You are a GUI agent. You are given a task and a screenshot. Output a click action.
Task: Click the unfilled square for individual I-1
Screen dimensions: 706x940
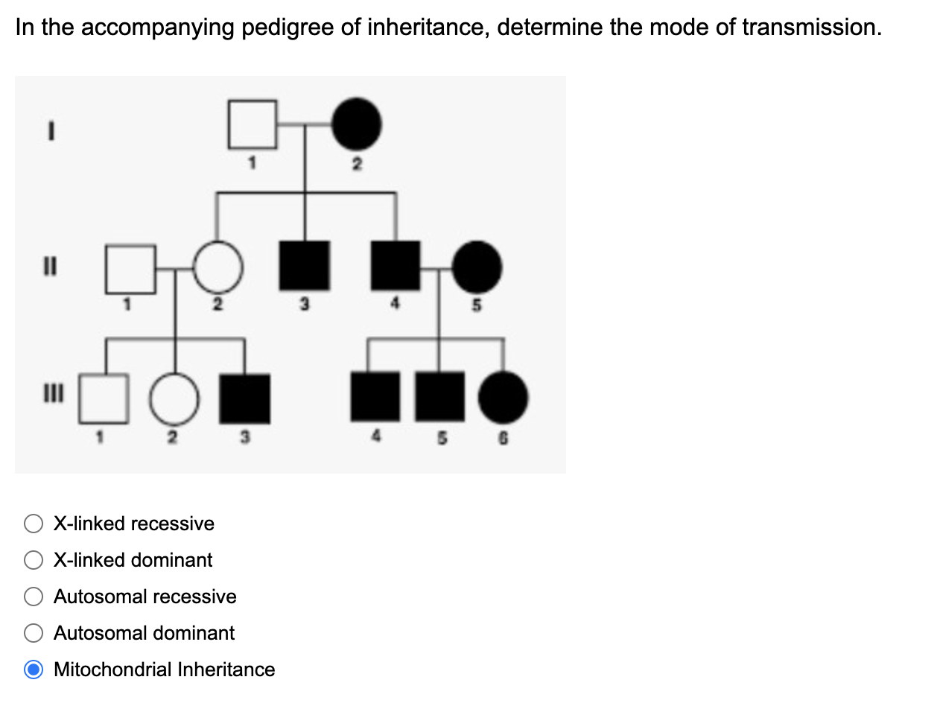[x=253, y=124]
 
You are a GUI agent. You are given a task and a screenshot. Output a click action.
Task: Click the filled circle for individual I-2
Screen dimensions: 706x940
[x=356, y=124]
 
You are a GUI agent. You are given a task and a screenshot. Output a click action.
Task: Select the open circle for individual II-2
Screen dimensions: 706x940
[x=218, y=267]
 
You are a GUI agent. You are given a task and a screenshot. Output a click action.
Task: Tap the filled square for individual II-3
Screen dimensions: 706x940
[x=304, y=266]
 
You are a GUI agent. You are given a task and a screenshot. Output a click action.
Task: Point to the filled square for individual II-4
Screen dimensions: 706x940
[x=396, y=266]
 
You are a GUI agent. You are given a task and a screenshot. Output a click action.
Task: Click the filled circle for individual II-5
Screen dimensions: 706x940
[x=477, y=267]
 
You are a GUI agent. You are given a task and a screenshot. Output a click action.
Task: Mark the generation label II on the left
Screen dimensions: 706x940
[x=50, y=266]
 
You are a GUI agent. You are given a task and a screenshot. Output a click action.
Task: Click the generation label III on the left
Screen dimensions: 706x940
[x=51, y=392]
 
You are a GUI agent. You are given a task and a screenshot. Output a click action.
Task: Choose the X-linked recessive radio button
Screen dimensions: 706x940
[x=34, y=524]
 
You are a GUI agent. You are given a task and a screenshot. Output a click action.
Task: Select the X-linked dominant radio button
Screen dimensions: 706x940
[x=34, y=560]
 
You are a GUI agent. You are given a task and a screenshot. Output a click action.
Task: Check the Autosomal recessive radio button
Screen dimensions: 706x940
[x=34, y=597]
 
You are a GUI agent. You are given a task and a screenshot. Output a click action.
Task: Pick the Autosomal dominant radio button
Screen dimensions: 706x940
[x=34, y=633]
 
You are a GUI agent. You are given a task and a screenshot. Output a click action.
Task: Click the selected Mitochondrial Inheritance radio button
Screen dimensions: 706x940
[x=34, y=670]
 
